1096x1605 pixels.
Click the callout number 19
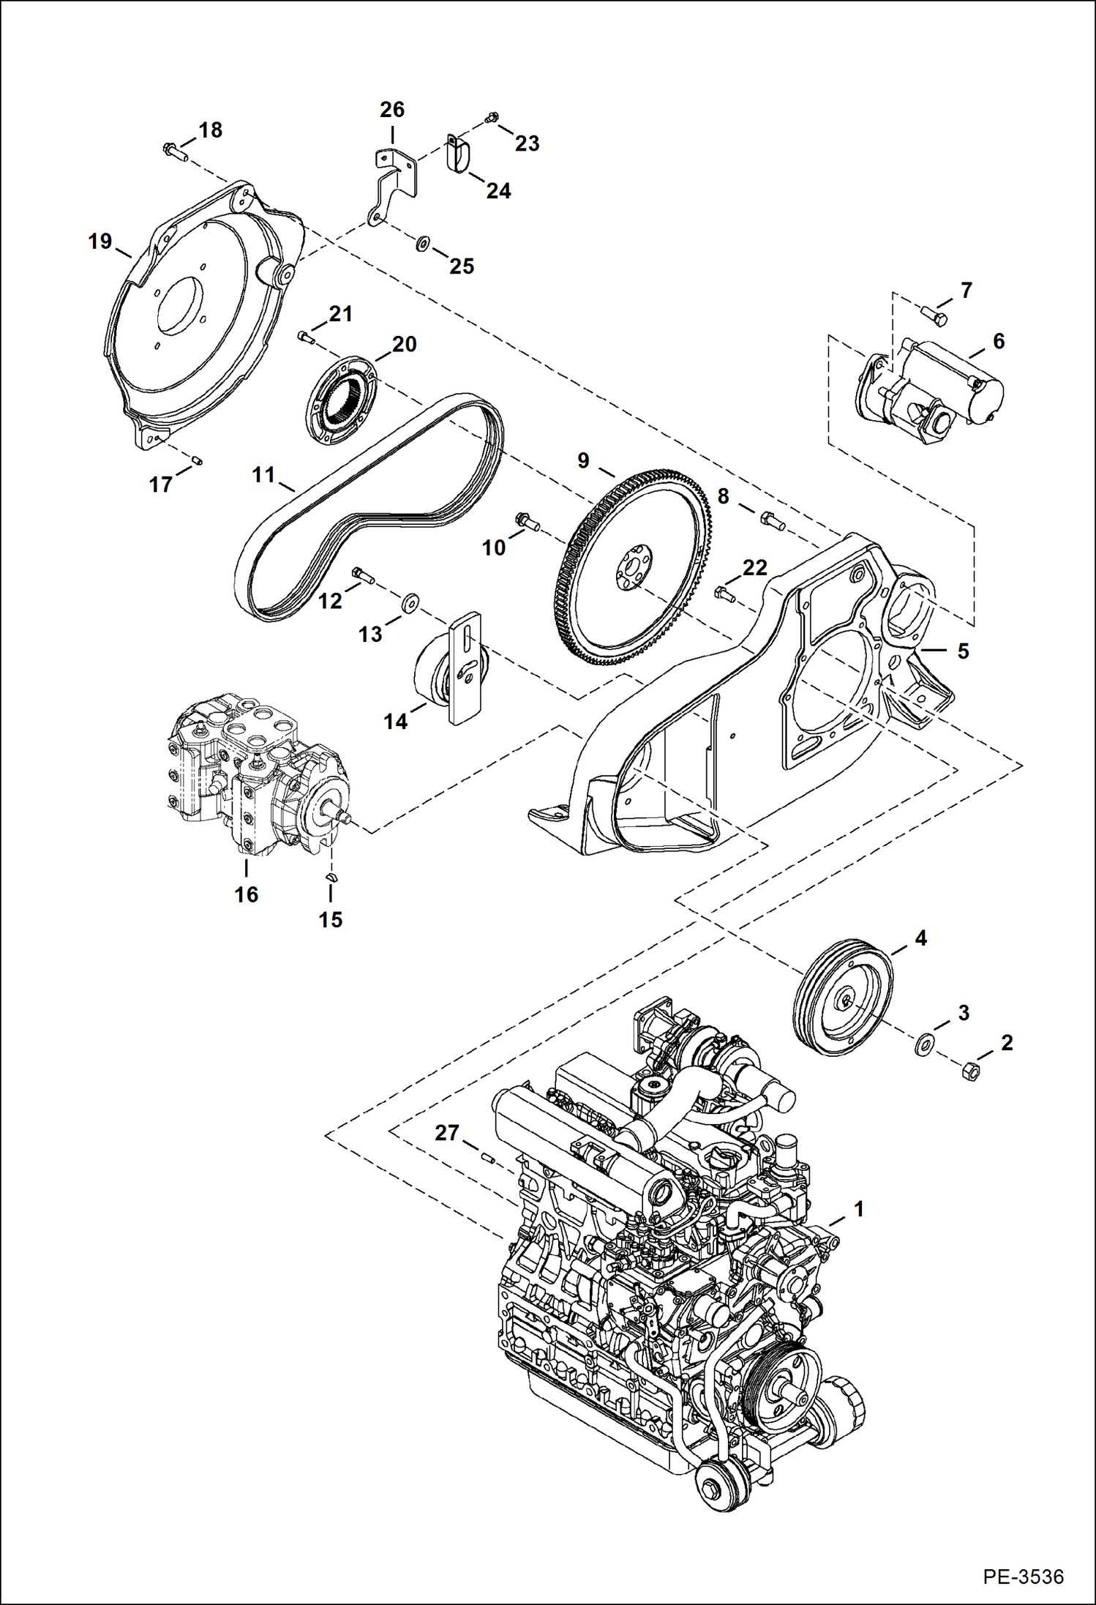100,241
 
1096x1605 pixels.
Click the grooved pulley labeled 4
843,1001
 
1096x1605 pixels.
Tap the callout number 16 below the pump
246,894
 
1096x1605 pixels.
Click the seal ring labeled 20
342,401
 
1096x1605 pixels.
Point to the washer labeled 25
422,244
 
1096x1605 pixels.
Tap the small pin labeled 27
488,1158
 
